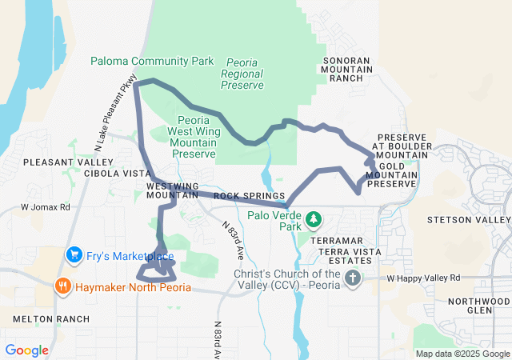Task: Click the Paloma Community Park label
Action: pos(152,61)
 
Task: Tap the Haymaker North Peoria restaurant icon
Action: pos(62,285)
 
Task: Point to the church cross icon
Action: pos(353,278)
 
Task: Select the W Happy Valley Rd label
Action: pos(423,278)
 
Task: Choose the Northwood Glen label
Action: pos(479,306)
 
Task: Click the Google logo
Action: pos(26,350)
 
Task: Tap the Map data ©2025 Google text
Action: pos(462,354)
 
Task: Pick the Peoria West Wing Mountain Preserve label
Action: pos(193,136)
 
